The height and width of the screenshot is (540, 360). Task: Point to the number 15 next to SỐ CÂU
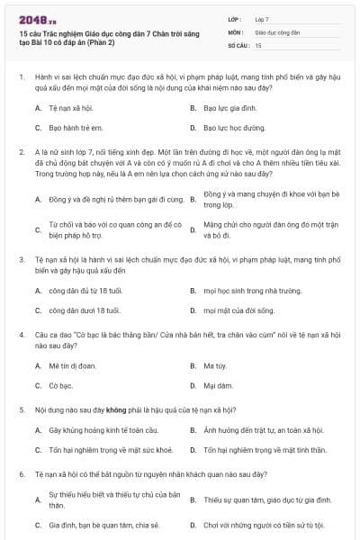tap(258, 44)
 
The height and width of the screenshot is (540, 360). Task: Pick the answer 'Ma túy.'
tap(213, 366)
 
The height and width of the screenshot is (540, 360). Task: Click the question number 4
tap(21, 334)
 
